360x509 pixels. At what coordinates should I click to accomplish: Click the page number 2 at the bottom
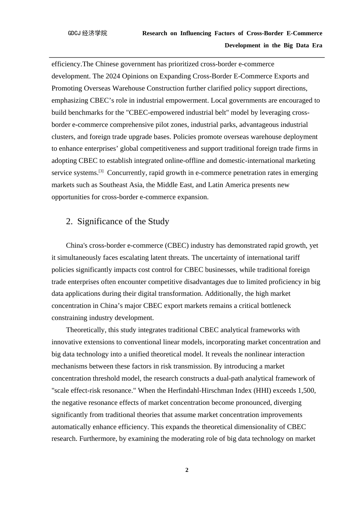[187, 470]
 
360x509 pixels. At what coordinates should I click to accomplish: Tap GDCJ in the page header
[74, 33]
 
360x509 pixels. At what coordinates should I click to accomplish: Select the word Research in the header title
[155, 33]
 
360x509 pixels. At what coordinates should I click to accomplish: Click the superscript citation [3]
[101, 171]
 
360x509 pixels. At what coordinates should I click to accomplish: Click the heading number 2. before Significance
[69, 222]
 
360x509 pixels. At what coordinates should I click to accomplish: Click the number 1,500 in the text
[307, 390]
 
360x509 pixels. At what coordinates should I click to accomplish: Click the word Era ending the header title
[317, 45]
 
